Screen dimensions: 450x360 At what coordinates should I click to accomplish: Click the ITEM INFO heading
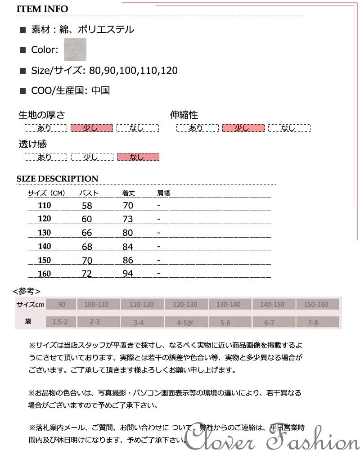[42, 9]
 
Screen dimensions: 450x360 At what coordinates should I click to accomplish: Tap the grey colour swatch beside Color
[75, 49]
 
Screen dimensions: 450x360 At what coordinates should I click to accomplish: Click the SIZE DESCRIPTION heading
[57, 179]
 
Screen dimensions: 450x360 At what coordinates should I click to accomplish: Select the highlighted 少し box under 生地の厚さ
[91, 128]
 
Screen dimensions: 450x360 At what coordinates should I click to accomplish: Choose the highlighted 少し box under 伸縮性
[243, 128]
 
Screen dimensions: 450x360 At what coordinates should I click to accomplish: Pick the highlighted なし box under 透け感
[138, 157]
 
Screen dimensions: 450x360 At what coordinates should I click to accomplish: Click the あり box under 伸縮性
[197, 128]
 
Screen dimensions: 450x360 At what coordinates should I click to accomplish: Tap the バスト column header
[89, 193]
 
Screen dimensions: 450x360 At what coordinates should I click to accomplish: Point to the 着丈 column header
[129, 193]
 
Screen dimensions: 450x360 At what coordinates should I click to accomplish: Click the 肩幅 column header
[163, 193]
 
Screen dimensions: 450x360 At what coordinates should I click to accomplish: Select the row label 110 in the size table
[45, 206]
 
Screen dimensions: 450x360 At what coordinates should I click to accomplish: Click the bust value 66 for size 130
[87, 233]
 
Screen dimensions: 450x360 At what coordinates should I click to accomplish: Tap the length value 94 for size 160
[128, 274]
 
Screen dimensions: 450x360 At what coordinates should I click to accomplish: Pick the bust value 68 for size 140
[87, 247]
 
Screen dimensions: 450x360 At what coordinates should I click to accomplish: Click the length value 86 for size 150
[128, 261]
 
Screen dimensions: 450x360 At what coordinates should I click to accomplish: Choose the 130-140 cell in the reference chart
[229, 305]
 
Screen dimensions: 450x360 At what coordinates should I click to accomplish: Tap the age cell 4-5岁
[185, 322]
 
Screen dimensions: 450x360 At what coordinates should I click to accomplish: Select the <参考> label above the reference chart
[27, 291]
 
